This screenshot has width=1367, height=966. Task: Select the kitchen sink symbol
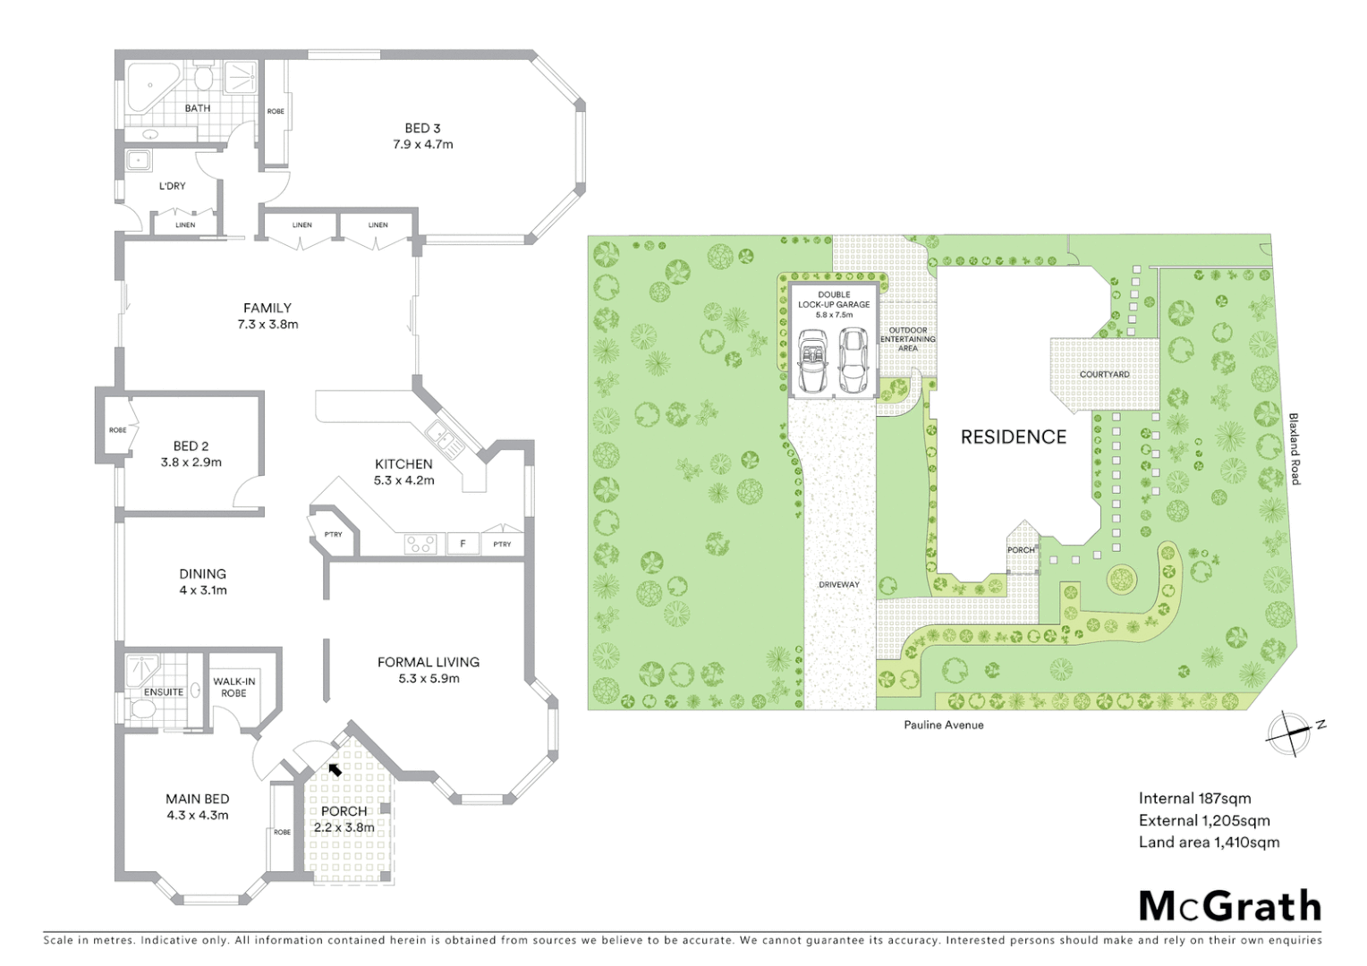click(442, 436)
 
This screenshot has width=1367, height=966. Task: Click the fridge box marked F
click(463, 544)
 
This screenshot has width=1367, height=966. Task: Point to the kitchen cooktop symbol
click(421, 544)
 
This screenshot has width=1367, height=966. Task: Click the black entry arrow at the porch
click(335, 768)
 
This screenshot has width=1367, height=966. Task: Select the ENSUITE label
click(164, 691)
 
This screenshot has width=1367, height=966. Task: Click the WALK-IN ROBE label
click(234, 687)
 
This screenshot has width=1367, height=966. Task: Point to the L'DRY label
click(173, 186)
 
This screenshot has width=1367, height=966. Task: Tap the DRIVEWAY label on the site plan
click(839, 584)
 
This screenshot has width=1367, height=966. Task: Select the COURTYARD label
click(1104, 374)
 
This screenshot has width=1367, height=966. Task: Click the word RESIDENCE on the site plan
click(1014, 436)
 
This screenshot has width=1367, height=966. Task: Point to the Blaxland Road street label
click(1294, 449)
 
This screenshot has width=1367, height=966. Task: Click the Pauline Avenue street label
click(944, 724)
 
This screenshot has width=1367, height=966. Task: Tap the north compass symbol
click(1288, 732)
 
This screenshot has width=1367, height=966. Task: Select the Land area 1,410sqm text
click(1209, 842)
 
